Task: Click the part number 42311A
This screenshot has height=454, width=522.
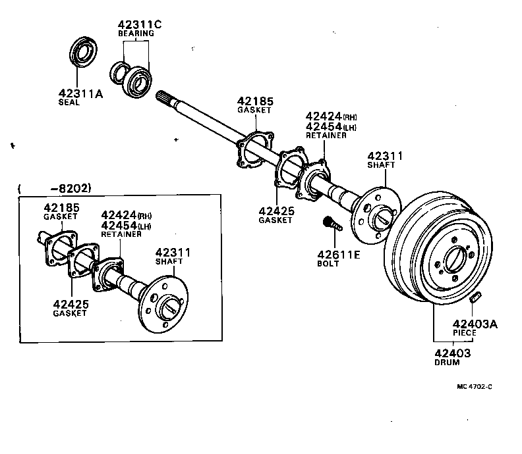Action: (x=81, y=93)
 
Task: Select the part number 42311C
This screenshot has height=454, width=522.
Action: (x=140, y=24)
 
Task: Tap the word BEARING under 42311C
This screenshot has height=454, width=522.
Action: (x=136, y=34)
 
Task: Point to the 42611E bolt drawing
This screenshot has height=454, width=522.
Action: (x=332, y=225)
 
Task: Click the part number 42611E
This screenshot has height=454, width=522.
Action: (x=338, y=255)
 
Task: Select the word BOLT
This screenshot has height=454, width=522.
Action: (x=328, y=264)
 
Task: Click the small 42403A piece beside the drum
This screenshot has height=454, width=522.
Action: (x=476, y=299)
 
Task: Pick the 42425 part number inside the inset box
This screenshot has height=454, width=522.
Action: (x=70, y=304)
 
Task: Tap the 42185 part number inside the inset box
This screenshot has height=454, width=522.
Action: (x=61, y=208)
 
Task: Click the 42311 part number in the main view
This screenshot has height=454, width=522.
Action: (x=384, y=155)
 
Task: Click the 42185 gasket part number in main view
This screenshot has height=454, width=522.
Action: (x=255, y=101)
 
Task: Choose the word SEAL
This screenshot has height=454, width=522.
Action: (x=69, y=103)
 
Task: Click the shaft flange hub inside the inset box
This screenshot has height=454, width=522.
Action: (x=167, y=307)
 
